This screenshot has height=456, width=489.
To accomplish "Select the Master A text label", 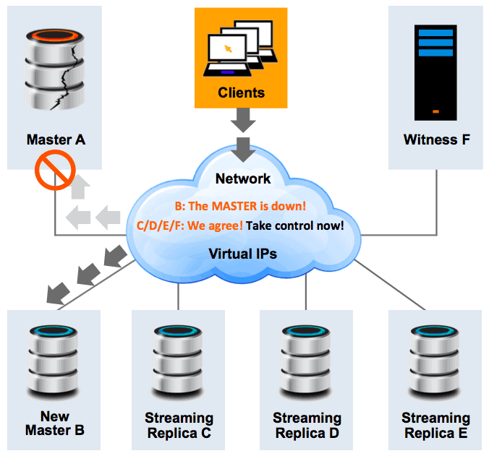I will coord(56,139).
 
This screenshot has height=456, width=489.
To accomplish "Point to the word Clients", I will coord(241,93).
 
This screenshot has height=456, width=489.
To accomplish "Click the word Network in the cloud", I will coord(242,178).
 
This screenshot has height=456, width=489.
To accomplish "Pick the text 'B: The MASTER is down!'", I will coord(244,207).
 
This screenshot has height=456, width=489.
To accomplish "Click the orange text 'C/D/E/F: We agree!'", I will coord(190,225).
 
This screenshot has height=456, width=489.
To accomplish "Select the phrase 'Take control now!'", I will coord(294,225).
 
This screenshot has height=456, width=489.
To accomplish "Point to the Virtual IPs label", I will coord(243,254).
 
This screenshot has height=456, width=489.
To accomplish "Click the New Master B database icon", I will coord(55,361).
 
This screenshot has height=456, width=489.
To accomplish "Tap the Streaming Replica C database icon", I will coord(179,361).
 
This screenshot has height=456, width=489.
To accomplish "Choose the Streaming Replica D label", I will coord(307,425).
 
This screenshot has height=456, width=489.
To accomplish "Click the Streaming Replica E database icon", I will coord(435,361).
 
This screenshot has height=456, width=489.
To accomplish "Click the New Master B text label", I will coord(55,423).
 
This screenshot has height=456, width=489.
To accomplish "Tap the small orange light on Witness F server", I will coord(435,111).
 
